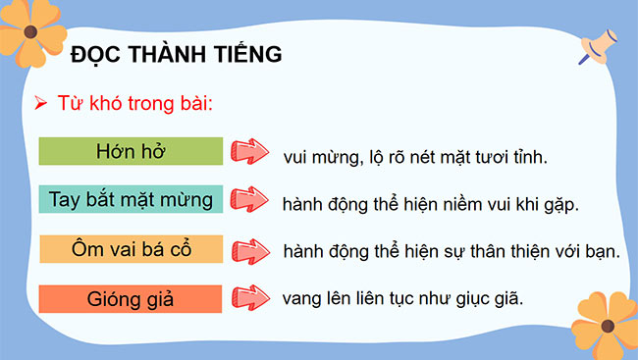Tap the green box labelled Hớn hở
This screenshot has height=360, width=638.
(131, 151)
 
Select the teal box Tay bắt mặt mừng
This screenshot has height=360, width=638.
(131, 199)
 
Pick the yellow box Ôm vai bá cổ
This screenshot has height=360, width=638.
(131, 249)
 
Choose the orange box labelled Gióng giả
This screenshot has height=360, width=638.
(131, 297)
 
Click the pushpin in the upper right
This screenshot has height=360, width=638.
(594, 48)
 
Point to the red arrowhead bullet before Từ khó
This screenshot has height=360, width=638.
(40, 103)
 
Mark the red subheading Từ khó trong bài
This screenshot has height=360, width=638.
(144, 103)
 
